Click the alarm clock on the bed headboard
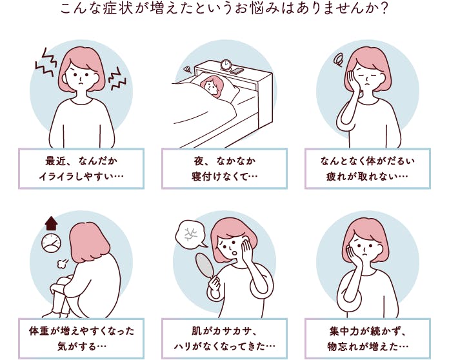coord(226,65)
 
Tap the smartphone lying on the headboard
coord(237,71)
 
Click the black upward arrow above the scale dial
coord(51,223)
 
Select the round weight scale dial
coord(51,243)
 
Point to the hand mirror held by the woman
coord(205,264)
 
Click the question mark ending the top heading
coord(384,8)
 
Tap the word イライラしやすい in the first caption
coord(76,177)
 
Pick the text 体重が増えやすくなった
coord(82,332)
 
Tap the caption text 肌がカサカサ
coord(222,332)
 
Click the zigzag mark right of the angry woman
coord(117,79)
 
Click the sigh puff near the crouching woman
coord(63,263)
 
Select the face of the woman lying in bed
coord(210,87)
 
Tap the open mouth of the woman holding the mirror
coord(234,253)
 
